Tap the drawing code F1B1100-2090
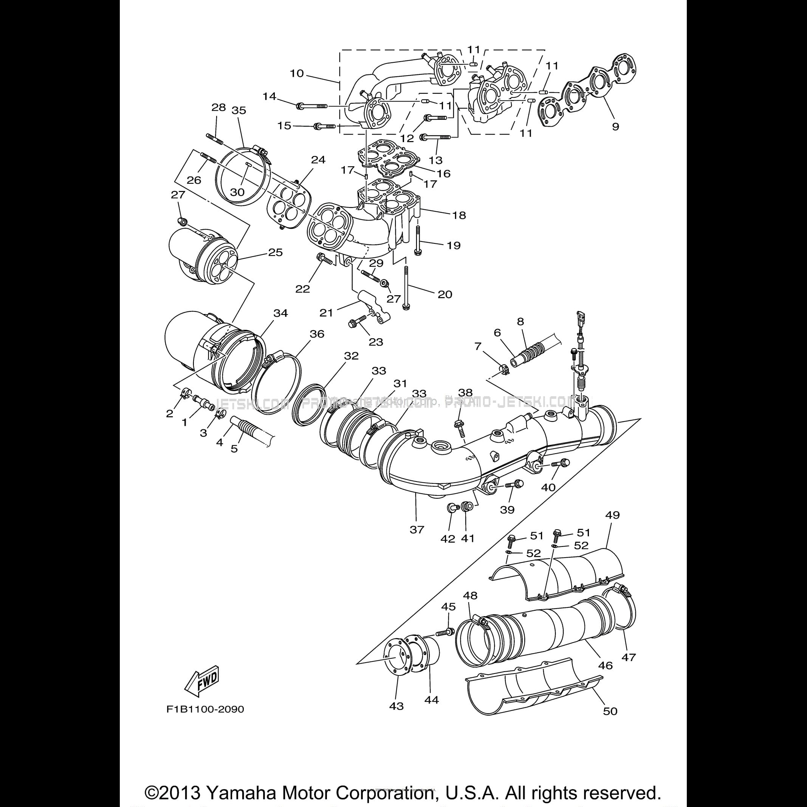205,709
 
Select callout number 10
297,73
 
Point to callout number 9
615,126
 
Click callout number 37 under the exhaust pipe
417,530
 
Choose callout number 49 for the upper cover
612,515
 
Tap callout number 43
397,706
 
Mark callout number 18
459,215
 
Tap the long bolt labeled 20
406,288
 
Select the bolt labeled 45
445,644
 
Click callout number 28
218,107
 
